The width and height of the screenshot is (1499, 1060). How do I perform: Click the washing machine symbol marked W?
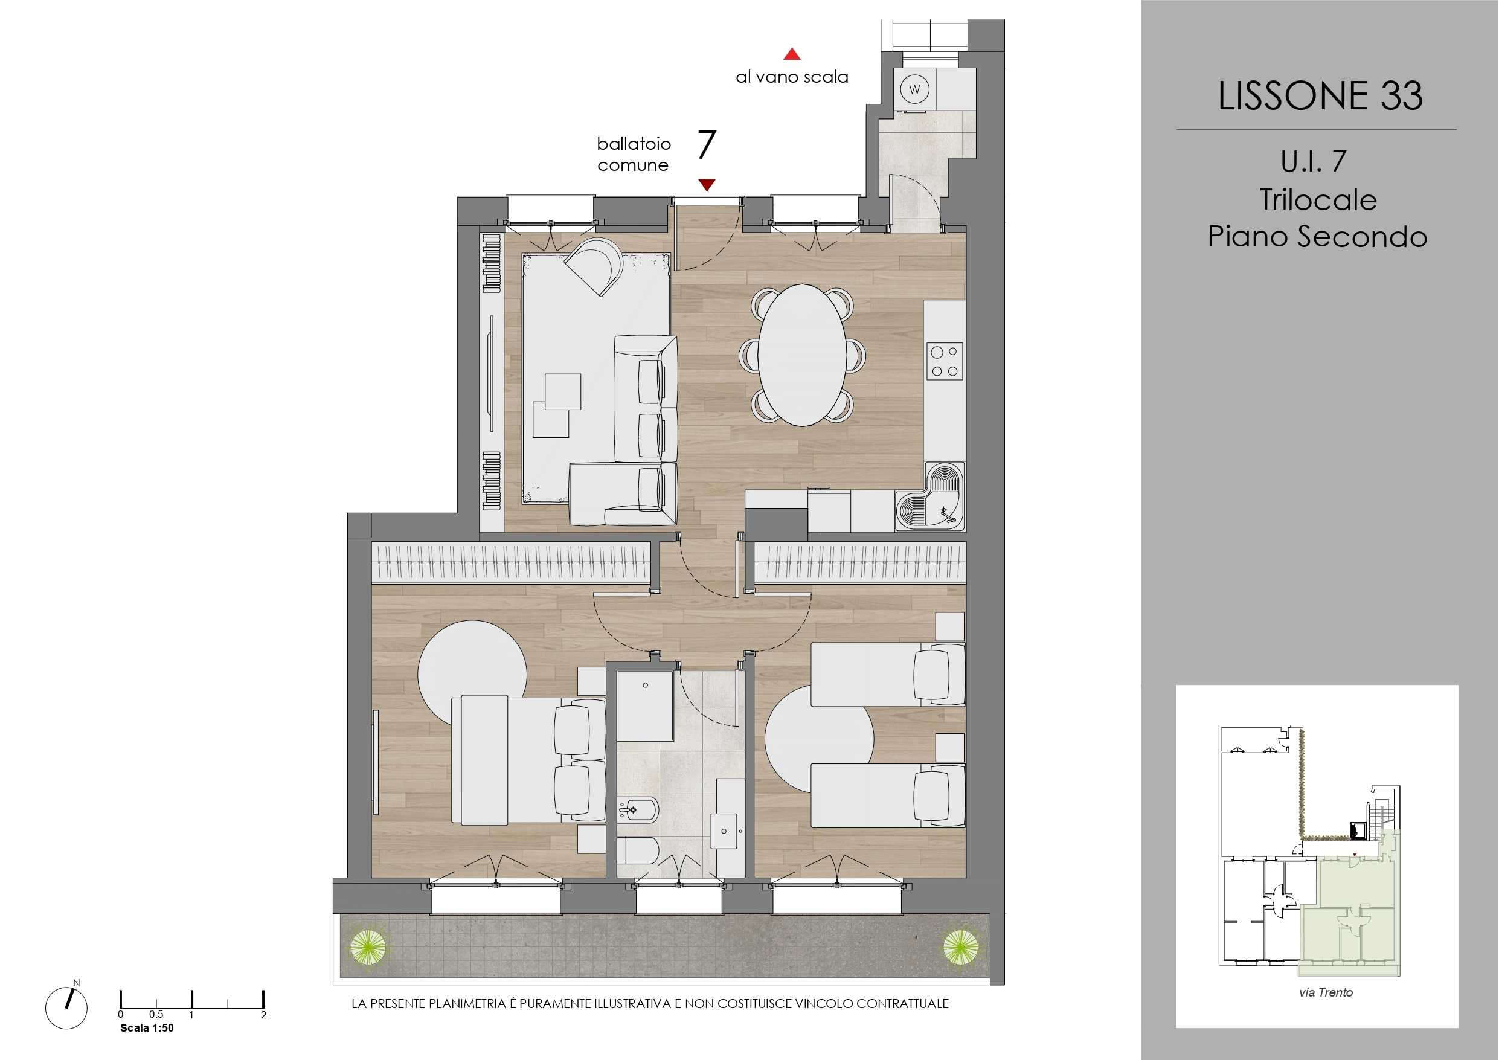click(914, 89)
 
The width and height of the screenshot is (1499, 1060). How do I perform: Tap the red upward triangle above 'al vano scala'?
click(792, 54)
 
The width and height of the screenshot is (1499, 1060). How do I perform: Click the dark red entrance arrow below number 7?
click(707, 185)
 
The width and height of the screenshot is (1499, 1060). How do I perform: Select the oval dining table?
click(803, 355)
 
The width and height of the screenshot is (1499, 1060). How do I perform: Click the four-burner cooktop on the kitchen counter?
click(945, 361)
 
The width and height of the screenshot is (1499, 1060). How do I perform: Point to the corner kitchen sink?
click(930, 496)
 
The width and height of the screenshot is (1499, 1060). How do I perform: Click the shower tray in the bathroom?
click(645, 705)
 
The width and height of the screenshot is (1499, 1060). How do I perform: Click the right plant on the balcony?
click(960, 947)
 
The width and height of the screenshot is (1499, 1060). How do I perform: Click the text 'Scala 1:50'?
click(147, 1028)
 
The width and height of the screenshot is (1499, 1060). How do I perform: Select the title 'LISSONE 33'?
click(1320, 95)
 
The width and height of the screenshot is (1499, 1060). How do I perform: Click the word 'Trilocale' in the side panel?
click(1318, 199)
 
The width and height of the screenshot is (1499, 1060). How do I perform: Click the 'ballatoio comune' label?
click(634, 154)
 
